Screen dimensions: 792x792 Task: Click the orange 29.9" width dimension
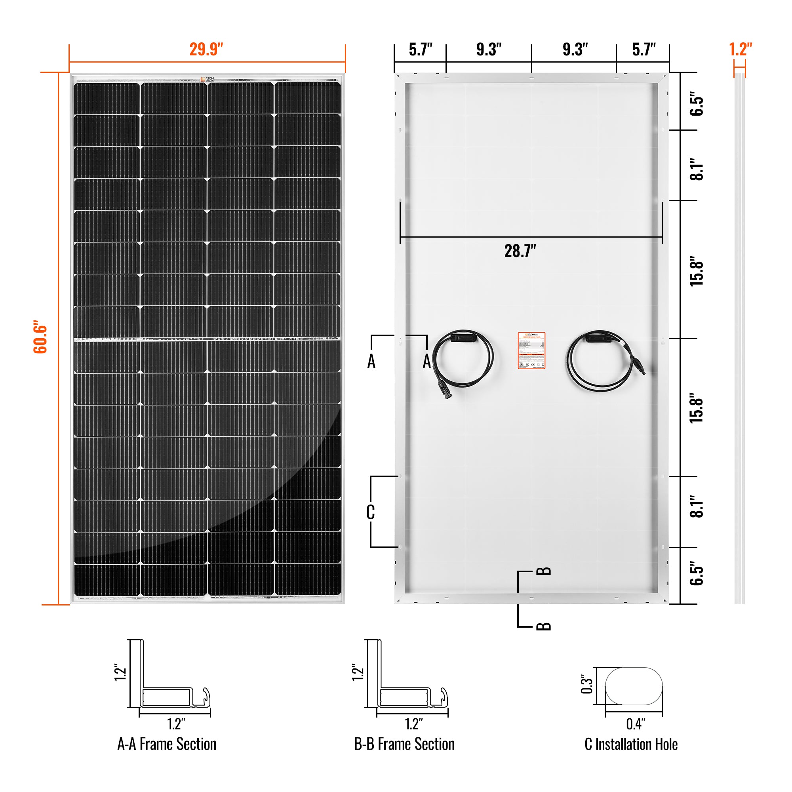pyautogui.click(x=206, y=49)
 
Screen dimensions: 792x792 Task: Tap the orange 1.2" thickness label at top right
pyautogui.click(x=741, y=49)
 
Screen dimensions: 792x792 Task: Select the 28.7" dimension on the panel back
pyautogui.click(x=520, y=251)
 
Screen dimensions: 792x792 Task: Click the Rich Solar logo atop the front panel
pyautogui.click(x=208, y=79)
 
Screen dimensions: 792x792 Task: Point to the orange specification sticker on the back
pyautogui.click(x=531, y=350)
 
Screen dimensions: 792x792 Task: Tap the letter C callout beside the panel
pyautogui.click(x=370, y=512)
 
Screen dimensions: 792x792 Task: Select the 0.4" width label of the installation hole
pyautogui.click(x=636, y=724)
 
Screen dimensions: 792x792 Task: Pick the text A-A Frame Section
pyautogui.click(x=167, y=744)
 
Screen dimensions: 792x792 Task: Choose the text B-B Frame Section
pyautogui.click(x=404, y=744)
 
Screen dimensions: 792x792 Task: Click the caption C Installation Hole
pyautogui.click(x=631, y=744)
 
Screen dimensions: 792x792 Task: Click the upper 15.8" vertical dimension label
pyautogui.click(x=696, y=271)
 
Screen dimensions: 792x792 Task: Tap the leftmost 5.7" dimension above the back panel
pyautogui.click(x=421, y=49)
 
